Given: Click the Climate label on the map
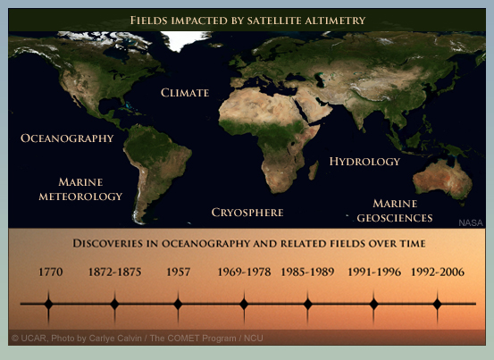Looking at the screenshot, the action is (185, 93).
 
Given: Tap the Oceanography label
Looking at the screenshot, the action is (67, 138).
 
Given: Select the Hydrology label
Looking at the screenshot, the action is (364, 162).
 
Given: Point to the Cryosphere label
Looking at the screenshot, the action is (247, 213).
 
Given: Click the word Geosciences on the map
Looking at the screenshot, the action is (395, 218).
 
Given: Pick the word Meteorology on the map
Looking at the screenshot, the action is (80, 197).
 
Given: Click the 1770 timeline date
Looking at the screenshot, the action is (50, 272).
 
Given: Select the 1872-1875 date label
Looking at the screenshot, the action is (114, 272).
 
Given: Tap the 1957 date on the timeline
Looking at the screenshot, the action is (179, 272).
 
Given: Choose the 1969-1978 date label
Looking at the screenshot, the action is (244, 272).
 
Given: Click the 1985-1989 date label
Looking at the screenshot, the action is (307, 272).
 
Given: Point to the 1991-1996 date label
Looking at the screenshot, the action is (374, 272).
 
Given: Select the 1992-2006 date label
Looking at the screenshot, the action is (438, 272).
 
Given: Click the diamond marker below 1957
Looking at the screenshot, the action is (178, 305).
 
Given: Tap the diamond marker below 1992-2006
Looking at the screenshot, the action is (437, 305).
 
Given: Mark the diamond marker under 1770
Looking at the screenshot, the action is (48, 305).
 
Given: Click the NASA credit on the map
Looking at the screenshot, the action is (471, 223).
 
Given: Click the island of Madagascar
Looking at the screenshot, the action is (314, 171).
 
